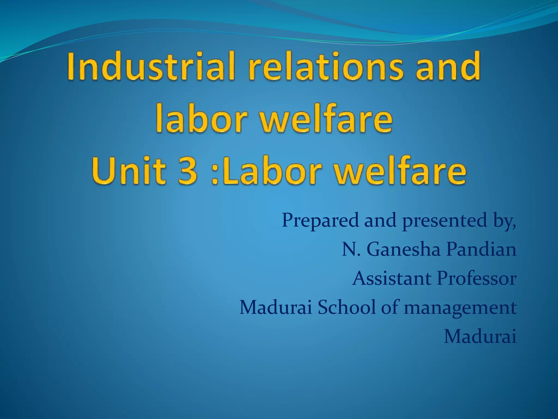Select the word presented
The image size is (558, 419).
pyautogui.click(x=444, y=221)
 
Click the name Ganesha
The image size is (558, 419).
pyautogui.click(x=403, y=249)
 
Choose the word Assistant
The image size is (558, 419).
pyautogui.click(x=392, y=279)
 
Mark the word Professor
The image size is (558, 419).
pyautogui.click(x=477, y=279)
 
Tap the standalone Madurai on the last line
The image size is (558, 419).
pyautogui.click(x=480, y=337)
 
